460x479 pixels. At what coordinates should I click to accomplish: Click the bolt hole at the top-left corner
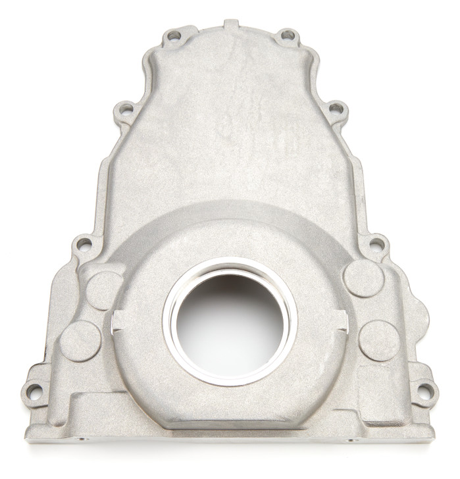coord(174,36)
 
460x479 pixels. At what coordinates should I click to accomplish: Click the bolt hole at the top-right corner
coord(287,35)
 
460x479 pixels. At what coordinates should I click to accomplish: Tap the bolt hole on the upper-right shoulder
coord(336,109)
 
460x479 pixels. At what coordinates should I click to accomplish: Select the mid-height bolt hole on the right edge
coord(376,245)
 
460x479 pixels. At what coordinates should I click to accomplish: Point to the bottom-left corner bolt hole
coord(34,392)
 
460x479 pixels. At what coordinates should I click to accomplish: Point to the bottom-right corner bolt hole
coord(426,392)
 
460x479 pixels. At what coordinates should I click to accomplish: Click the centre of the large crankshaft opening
coord(230,321)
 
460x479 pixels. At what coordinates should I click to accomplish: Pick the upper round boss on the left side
coord(104,290)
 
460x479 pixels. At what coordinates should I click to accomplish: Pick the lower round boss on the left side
coord(80,341)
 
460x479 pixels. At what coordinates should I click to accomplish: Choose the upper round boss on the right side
coord(363,278)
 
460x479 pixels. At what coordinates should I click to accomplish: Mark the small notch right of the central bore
coord(342,320)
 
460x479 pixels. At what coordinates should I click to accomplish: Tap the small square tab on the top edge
coord(230,24)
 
